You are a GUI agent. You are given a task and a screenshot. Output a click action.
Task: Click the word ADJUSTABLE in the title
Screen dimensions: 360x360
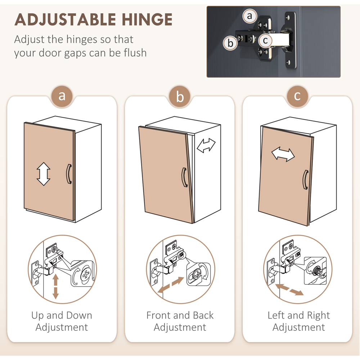coord(65,19)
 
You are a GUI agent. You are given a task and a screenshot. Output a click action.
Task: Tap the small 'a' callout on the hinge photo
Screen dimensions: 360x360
coord(250,16)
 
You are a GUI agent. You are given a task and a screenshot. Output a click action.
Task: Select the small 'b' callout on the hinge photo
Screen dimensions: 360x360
coord(230,43)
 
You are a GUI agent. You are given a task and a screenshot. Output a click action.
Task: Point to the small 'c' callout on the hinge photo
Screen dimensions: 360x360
coord(265,41)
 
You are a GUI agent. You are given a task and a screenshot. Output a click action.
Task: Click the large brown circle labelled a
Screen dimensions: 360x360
coord(62,96)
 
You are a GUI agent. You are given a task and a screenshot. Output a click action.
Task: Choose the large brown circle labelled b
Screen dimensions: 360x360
coord(180,96)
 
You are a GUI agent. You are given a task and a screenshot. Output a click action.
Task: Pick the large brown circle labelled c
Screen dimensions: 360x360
coord(298,96)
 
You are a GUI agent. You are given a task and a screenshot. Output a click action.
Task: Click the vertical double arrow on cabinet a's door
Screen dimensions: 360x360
coord(44,174)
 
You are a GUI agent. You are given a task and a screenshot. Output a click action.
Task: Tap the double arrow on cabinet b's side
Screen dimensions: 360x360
coord(206,145)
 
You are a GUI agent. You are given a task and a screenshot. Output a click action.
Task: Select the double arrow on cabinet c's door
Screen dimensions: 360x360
coord(283,154)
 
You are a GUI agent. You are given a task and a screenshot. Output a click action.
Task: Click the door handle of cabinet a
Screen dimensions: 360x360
coord(69,174)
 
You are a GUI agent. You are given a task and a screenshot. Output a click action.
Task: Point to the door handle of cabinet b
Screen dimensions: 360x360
coord(184,177)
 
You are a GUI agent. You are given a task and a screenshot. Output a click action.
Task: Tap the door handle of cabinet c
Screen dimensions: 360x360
coord(305,180)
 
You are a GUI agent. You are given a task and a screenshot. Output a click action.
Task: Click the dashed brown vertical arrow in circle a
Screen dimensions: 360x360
coord(55,287)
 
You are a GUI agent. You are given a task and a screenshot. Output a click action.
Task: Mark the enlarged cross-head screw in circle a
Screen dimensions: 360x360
coord(86,274)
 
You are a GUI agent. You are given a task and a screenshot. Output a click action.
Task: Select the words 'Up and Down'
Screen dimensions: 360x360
coord(62,315)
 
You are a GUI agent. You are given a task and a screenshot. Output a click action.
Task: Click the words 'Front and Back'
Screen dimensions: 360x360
coord(180,315)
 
